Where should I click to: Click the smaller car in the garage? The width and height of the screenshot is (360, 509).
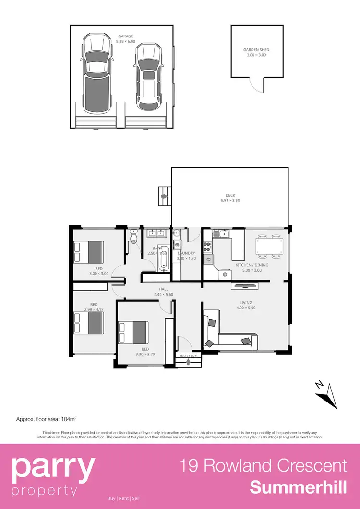pyautogui.click(x=149, y=77)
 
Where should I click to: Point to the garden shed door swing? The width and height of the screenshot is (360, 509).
pyautogui.click(x=258, y=85)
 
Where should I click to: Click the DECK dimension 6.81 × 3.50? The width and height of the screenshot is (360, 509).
pyautogui.click(x=230, y=201)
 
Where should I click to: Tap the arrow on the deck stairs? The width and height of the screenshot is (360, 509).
pyautogui.click(x=164, y=196)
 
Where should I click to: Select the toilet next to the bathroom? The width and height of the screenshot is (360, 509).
pyautogui.click(x=134, y=237)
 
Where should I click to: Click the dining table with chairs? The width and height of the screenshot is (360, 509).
pyautogui.click(x=269, y=245)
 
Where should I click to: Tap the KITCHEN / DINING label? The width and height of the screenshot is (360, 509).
pyautogui.click(x=252, y=265)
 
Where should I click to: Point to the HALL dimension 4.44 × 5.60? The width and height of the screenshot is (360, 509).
pyautogui.click(x=163, y=295)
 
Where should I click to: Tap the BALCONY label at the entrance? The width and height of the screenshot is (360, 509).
pyautogui.click(x=188, y=356)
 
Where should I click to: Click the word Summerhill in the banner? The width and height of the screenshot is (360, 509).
pyautogui.click(x=298, y=488)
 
